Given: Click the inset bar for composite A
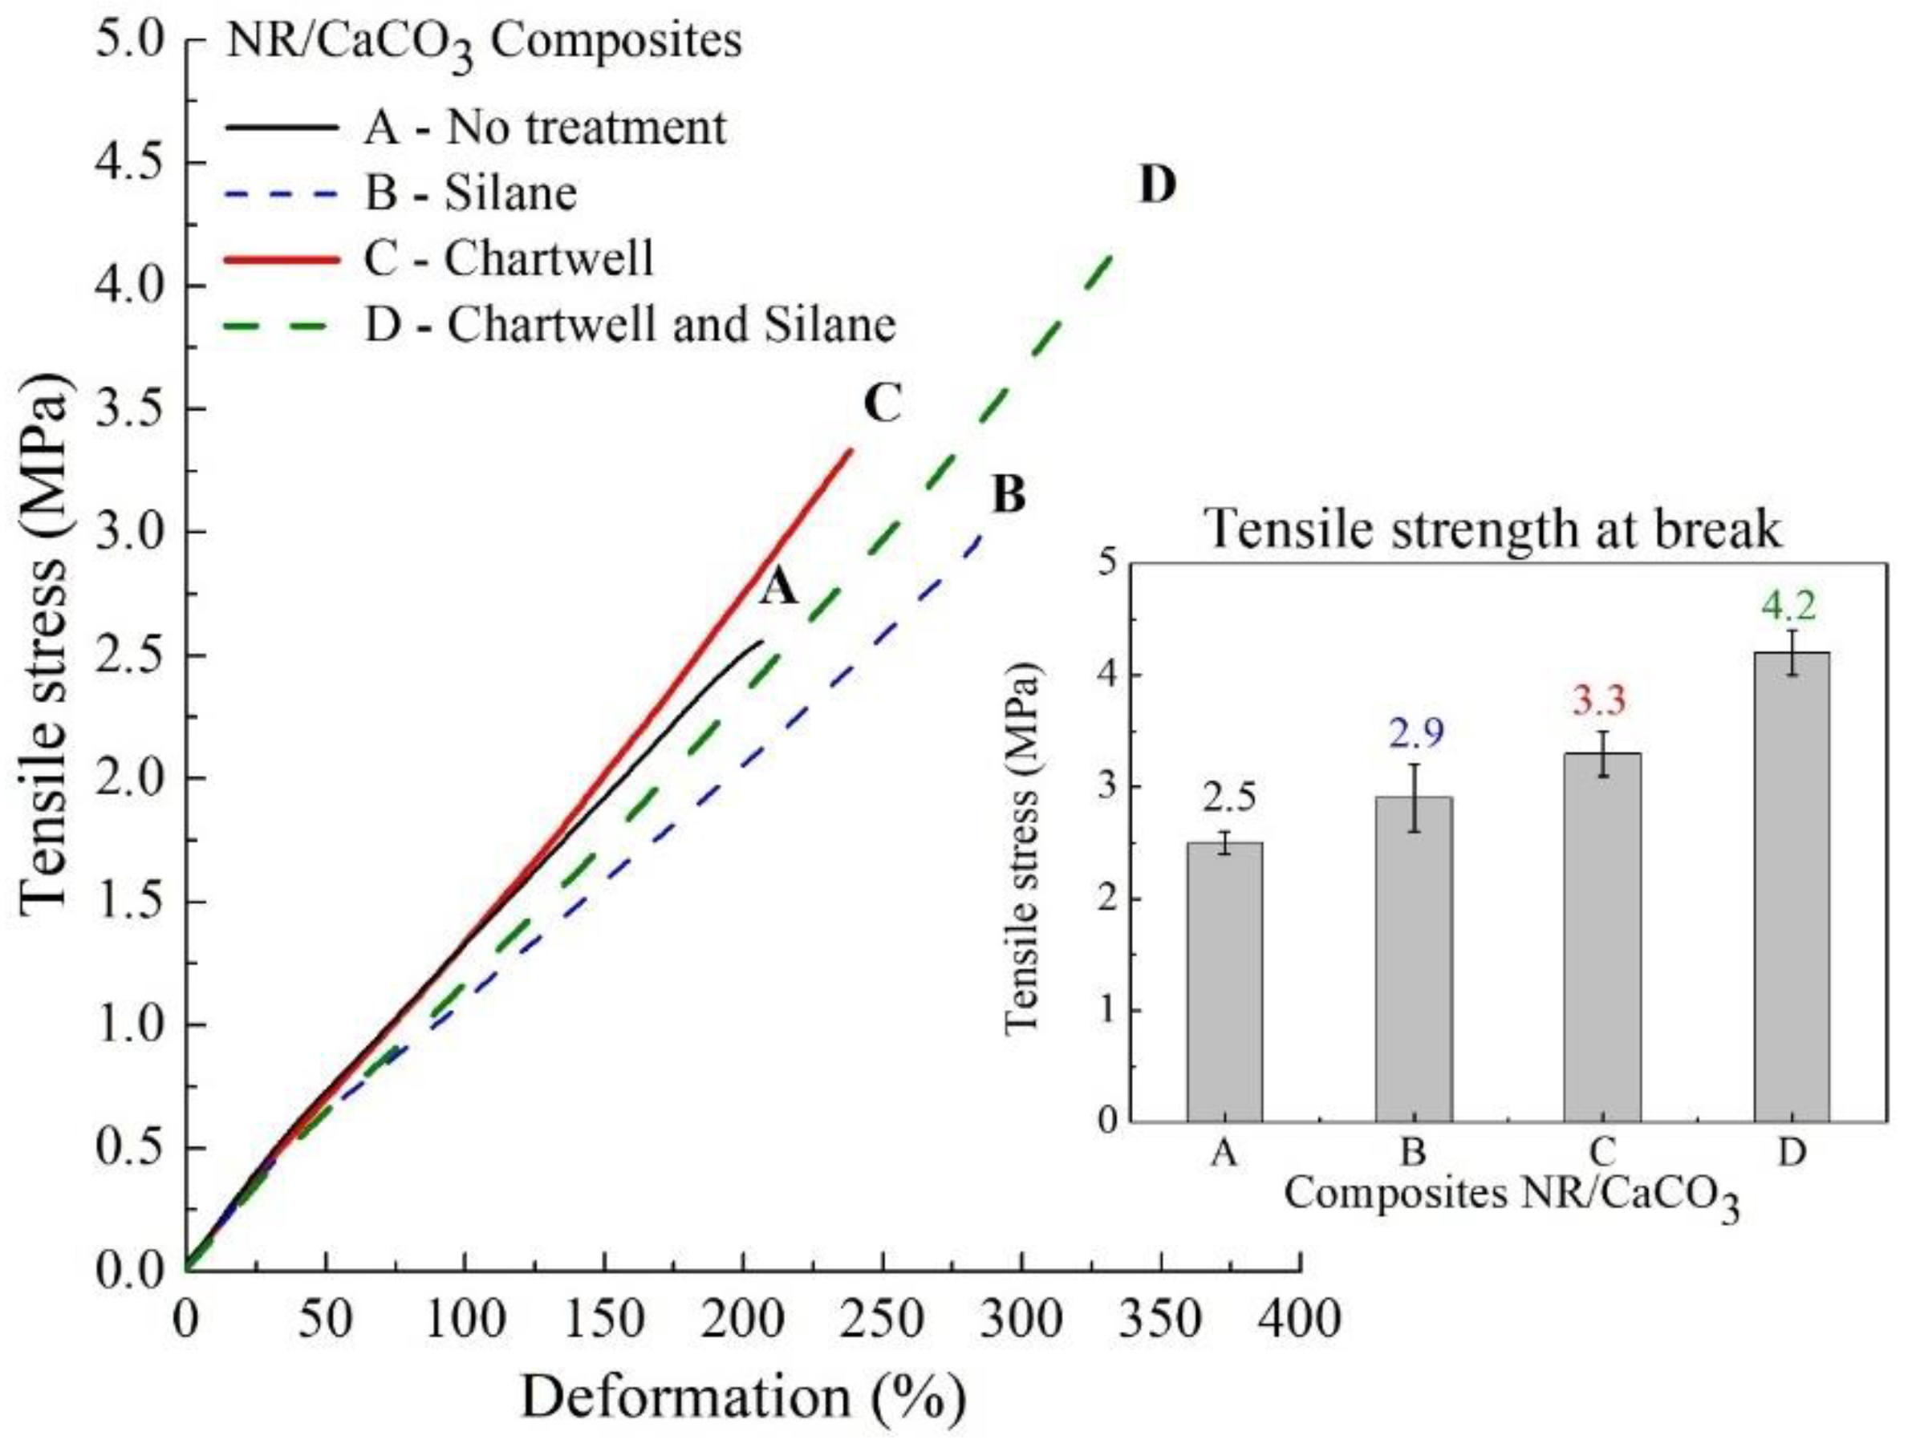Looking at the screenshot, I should pos(1224,982).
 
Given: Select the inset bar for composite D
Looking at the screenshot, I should pos(1791,886).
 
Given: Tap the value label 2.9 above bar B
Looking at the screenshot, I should pos(1416,735).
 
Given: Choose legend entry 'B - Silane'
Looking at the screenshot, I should pos(469,193).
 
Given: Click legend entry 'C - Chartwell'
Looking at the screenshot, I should pos(507,258).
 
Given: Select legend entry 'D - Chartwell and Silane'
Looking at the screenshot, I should pos(628,325).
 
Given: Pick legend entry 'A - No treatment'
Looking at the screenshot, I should pos(543,128).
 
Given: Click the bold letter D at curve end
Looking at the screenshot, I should pos(1156,185).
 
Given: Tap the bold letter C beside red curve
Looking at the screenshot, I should pos(883,404).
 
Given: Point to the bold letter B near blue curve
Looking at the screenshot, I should pos(1007,496).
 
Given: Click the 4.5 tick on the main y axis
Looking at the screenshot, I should pos(130,163).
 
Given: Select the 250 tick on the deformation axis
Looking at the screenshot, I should pos(883,1320).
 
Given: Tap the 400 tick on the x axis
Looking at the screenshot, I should pos(1299,1320).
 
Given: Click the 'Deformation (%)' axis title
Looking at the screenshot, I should pos(743,1398).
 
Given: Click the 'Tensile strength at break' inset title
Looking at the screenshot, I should pos(1494,528).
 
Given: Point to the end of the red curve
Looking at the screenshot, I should pos(851,449).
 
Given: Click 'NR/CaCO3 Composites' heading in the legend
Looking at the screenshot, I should pos(484,43).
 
